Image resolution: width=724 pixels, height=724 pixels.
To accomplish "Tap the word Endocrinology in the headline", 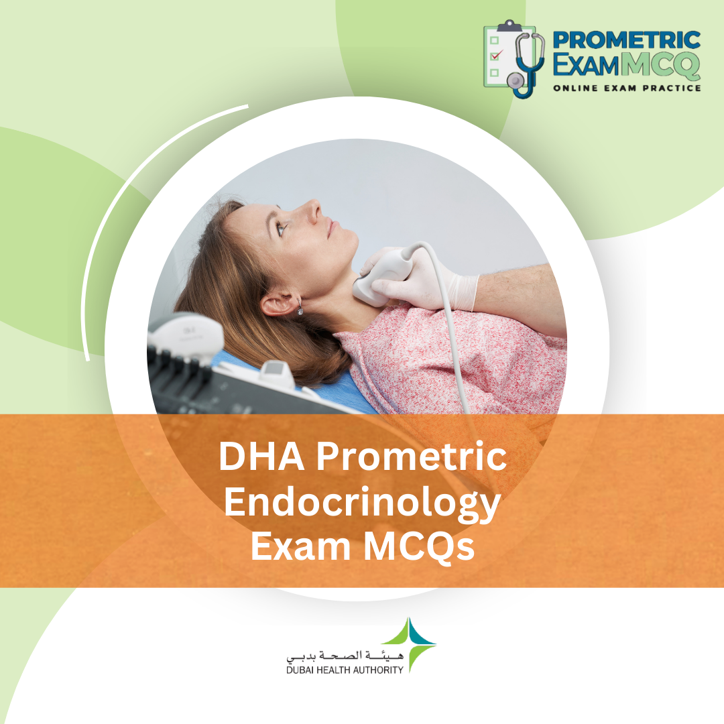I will point(362,503).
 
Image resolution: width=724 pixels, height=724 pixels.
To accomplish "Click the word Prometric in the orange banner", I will point(410,459).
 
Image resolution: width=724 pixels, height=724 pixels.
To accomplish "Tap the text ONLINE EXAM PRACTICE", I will point(627,88).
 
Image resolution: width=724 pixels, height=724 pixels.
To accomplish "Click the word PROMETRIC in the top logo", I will point(627,40).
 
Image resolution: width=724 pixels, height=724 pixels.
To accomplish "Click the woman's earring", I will point(299,308).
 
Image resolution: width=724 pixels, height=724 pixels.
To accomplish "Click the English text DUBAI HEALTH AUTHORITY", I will point(345,669).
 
